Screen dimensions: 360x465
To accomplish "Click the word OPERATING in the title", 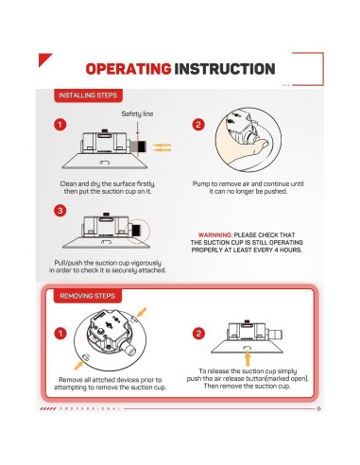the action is pyautogui.click(x=129, y=69).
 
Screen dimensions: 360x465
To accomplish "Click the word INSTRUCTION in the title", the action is pyautogui.click(x=225, y=69).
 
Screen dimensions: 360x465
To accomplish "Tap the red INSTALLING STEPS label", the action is pyautogui.click(x=88, y=95).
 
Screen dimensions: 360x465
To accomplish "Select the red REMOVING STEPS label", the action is pyautogui.click(x=88, y=296).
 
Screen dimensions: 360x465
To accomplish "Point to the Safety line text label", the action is pyautogui.click(x=137, y=113).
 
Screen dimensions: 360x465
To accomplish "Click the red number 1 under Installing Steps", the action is pyautogui.click(x=60, y=125).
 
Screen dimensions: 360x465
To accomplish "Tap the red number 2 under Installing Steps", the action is pyautogui.click(x=198, y=125).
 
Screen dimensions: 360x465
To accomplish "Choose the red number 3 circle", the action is pyautogui.click(x=60, y=210).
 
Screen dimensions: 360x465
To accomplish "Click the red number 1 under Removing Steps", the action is pyautogui.click(x=60, y=334).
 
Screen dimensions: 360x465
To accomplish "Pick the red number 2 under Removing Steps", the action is pyautogui.click(x=198, y=334).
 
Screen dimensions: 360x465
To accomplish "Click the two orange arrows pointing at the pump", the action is pyautogui.click(x=162, y=147).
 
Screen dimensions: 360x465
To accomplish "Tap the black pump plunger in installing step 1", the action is pyautogui.click(x=142, y=146).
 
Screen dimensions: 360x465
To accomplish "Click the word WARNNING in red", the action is pyautogui.click(x=215, y=235).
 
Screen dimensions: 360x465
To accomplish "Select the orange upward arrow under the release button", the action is pyautogui.click(x=248, y=357).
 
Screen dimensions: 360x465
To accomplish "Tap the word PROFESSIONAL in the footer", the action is pyautogui.click(x=90, y=408).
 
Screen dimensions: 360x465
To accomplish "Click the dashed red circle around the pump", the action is pyautogui.click(x=138, y=231).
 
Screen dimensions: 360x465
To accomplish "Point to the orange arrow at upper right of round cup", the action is pyautogui.click(x=141, y=313).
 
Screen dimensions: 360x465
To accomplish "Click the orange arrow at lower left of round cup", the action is pyautogui.click(x=79, y=365).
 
